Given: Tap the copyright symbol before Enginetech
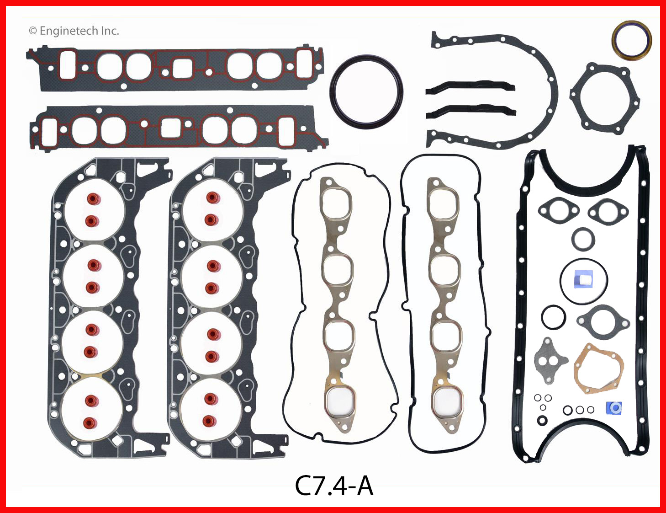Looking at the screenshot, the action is coord(32,31).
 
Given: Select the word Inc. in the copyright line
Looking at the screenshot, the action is coord(110,31).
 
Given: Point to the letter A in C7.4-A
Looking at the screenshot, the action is coord(365,486).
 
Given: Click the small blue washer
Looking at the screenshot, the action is coord(614,408).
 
